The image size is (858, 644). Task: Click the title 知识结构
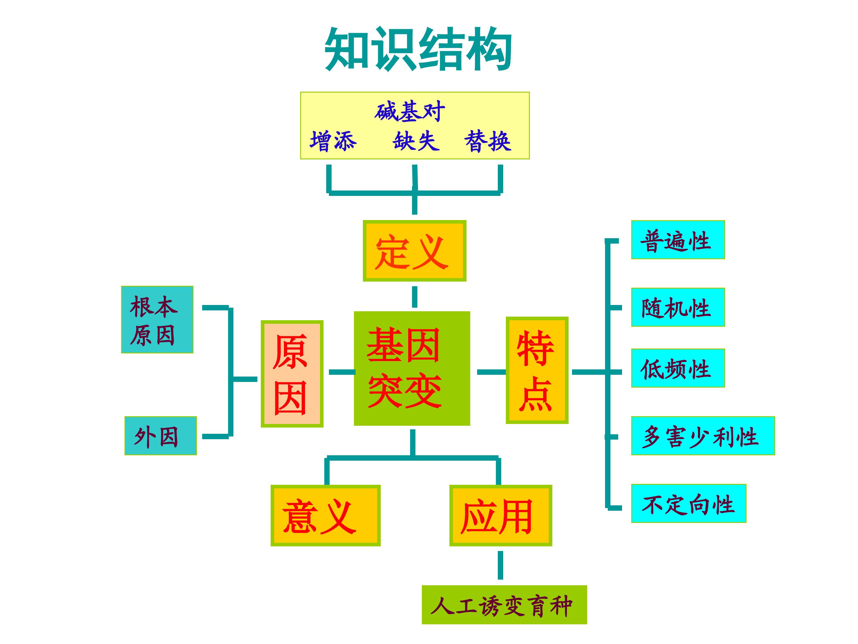click(x=418, y=49)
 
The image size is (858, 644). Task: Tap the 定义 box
click(x=414, y=251)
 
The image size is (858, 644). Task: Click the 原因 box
click(x=292, y=374)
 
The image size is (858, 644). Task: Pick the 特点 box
click(x=537, y=370)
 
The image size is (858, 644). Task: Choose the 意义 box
click(x=325, y=515)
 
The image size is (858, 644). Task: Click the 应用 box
click(x=500, y=515)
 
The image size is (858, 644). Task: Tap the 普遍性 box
click(x=678, y=240)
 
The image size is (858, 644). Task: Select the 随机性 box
click(x=678, y=307)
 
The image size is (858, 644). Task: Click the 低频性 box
click(x=678, y=368)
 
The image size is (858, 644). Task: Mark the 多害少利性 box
click(x=702, y=436)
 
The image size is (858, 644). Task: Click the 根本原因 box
click(x=157, y=320)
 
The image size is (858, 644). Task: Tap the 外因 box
click(x=161, y=436)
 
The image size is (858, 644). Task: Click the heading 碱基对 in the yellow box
click(x=410, y=112)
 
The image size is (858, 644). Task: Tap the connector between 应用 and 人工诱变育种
click(x=500, y=565)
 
